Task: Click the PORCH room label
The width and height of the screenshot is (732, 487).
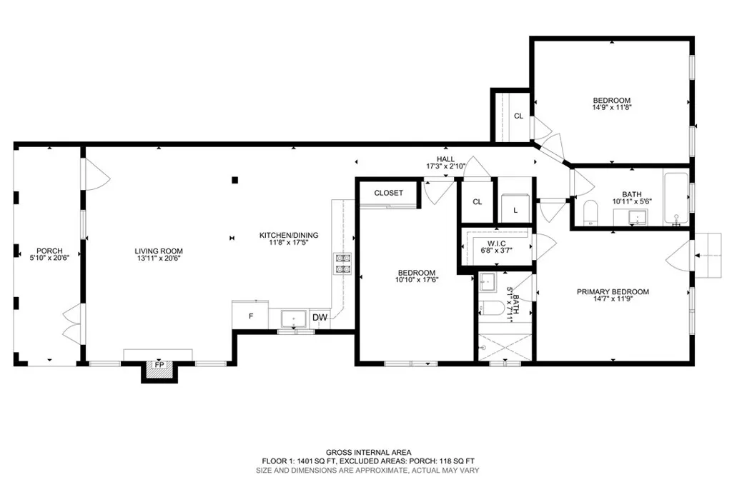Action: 50,251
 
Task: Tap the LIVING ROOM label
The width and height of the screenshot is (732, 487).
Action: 159,251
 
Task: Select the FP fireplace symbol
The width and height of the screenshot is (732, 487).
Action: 159,366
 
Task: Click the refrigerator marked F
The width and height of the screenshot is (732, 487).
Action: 250,315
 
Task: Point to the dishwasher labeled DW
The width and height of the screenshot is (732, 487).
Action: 320,318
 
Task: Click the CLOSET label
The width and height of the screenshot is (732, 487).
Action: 388,193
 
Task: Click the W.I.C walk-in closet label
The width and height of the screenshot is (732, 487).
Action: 495,243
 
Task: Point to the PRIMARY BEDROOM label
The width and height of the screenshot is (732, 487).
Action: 613,291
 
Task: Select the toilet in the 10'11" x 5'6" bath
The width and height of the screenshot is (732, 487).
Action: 590,214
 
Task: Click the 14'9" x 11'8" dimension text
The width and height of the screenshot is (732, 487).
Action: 611,108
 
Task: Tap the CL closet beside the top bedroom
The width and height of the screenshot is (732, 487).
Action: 518,116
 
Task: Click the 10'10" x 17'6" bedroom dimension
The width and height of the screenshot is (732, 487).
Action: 417,280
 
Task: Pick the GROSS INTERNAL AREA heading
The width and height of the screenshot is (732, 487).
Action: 367,452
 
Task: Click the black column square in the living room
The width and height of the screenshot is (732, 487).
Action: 234,180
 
